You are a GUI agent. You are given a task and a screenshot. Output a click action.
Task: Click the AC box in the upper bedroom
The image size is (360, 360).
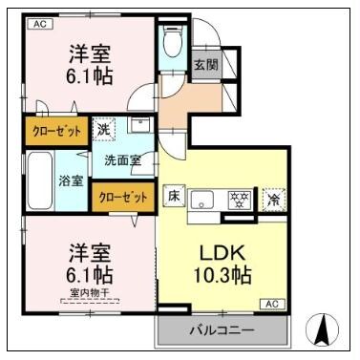(40, 24)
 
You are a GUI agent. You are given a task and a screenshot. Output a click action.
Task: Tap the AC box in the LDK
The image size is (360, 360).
(270, 304)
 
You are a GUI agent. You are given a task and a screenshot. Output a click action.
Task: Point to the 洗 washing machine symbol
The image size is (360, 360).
(104, 127)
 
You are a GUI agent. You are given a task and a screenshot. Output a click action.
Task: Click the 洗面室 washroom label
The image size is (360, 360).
(122, 159)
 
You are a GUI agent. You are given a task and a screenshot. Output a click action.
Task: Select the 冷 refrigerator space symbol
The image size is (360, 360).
(273, 200)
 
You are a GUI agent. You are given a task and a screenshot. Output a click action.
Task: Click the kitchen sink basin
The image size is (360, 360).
(203, 200)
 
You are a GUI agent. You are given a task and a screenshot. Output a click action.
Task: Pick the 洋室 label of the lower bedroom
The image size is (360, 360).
(89, 253)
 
